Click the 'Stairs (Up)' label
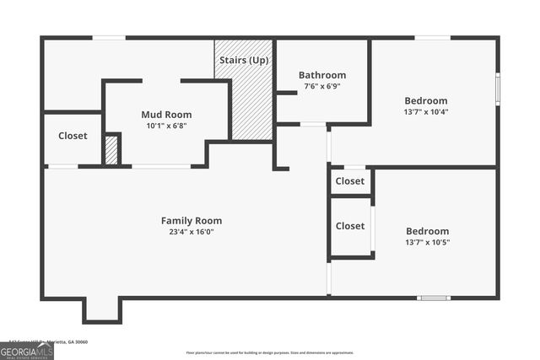[x=243, y=61]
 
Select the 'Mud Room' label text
[x=165, y=115]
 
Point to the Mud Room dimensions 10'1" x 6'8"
[x=165, y=126]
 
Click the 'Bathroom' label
[x=322, y=75]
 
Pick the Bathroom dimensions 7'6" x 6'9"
[x=322, y=86]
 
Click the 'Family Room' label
[x=192, y=221]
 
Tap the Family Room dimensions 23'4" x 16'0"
[x=192, y=232]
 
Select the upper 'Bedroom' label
[x=426, y=100]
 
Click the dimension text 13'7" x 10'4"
[x=426, y=111]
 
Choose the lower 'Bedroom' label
[x=427, y=231]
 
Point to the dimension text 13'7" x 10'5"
[x=427, y=242]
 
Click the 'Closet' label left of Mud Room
[x=73, y=136]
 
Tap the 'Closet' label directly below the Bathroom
[x=349, y=181]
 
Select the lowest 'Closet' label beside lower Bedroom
[x=349, y=226]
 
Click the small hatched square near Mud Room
[x=111, y=150]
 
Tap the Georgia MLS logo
[x=26, y=350]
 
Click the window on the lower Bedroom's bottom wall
[x=434, y=298]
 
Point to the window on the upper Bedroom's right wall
[x=498, y=87]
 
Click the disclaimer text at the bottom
[x=270, y=352]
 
